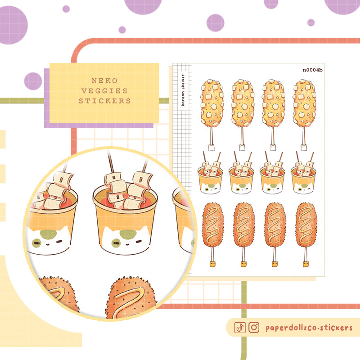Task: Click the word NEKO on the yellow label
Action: [x=104, y=81]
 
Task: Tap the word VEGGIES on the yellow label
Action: [x=104, y=91]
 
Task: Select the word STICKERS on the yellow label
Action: [x=104, y=101]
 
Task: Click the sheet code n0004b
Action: [x=313, y=70]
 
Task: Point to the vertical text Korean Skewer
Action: [x=182, y=90]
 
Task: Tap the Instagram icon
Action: [x=254, y=328]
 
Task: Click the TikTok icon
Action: [x=240, y=328]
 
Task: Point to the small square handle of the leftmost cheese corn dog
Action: [x=211, y=147]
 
